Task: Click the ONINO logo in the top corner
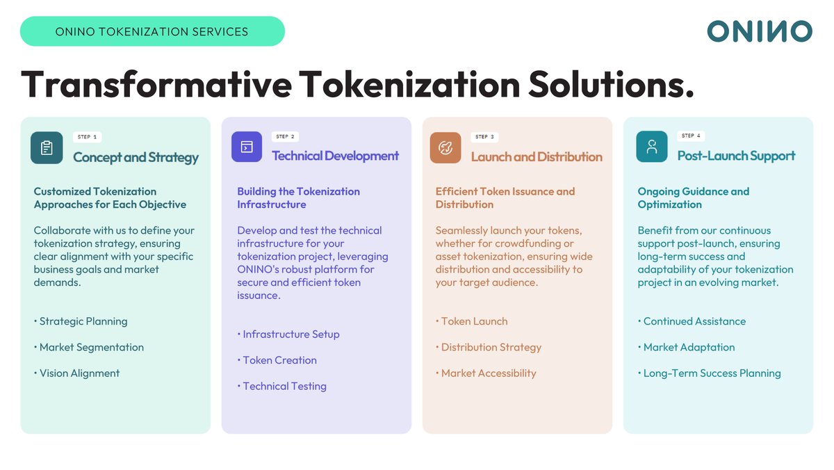[759, 31]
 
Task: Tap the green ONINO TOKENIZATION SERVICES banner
[152, 31]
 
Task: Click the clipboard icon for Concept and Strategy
[47, 147]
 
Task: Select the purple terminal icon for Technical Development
[247, 147]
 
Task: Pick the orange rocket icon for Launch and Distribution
[445, 147]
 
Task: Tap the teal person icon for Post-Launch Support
[651, 147]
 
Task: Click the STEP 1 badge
[87, 137]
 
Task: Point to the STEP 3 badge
[484, 137]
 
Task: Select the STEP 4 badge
[692, 136]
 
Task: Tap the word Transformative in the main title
[156, 85]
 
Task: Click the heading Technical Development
[335, 156]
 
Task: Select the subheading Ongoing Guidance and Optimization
[693, 198]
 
